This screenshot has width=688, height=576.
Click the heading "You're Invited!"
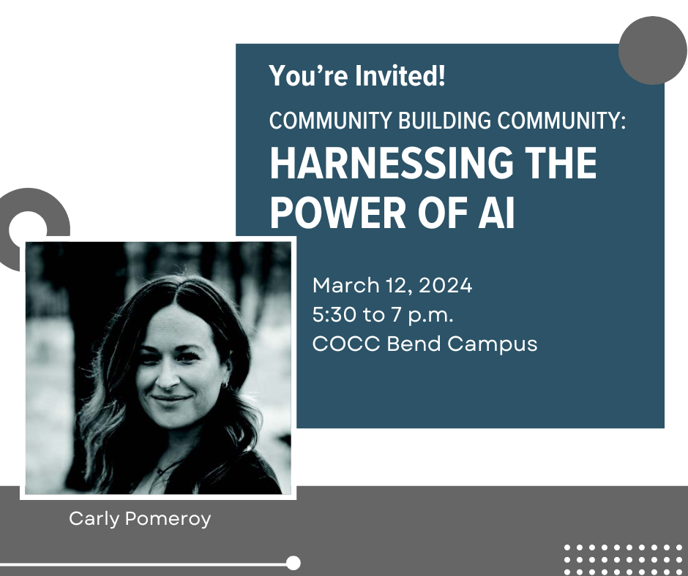coord(357,76)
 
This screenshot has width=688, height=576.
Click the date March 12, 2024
coord(392,285)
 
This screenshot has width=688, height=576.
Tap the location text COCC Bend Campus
coord(425,344)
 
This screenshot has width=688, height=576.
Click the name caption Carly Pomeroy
coord(140,519)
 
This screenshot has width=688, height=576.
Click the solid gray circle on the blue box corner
coord(652,50)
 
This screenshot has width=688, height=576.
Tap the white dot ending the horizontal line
coord(293,563)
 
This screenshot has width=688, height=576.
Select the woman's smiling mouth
coord(171,400)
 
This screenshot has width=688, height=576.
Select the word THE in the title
coord(560,165)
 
